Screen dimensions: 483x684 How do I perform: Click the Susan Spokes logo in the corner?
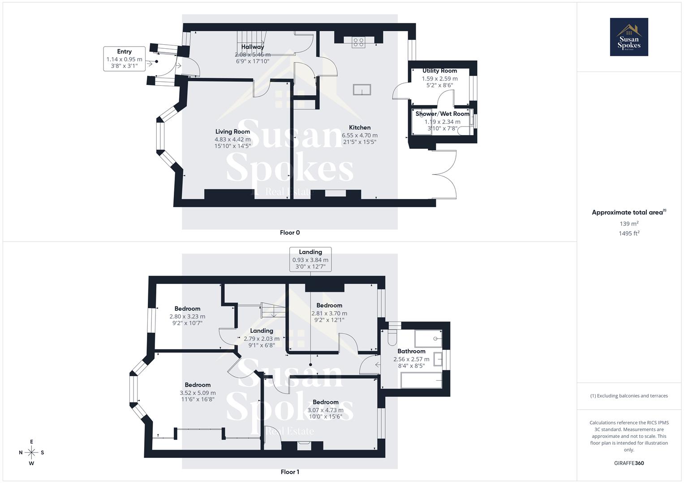point(628,37)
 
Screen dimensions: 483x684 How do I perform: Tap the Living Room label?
point(232,131)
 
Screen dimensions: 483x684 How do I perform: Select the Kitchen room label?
point(360,127)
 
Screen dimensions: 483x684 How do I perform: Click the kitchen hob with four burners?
point(358,42)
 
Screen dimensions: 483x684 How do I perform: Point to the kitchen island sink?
point(361,90)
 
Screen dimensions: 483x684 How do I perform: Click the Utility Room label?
point(439,71)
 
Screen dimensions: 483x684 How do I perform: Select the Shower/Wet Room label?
point(442,114)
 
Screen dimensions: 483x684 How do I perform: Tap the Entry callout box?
point(124,59)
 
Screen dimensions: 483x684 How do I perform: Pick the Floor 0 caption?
point(289,233)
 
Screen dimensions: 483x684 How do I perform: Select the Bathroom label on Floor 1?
point(411,351)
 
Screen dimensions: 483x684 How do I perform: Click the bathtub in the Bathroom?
point(421,381)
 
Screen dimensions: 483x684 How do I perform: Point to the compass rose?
point(31,452)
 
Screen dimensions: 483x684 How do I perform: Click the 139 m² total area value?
point(628,224)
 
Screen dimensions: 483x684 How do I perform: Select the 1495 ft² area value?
point(628,233)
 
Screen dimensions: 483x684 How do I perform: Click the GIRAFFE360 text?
point(628,463)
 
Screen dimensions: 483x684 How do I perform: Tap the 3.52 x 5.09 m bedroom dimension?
point(198,393)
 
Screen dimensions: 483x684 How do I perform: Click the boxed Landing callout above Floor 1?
point(310,259)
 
